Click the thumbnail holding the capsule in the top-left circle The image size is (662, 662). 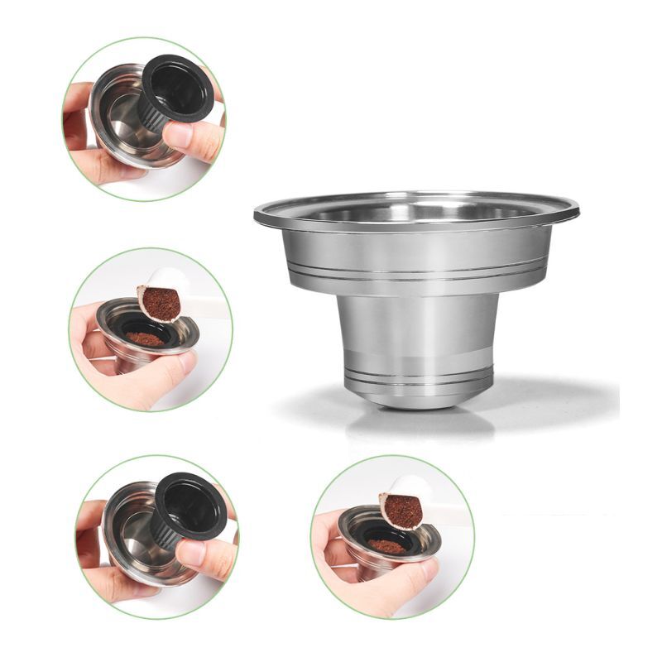point(181,134)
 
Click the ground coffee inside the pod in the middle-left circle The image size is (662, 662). point(145,338)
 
